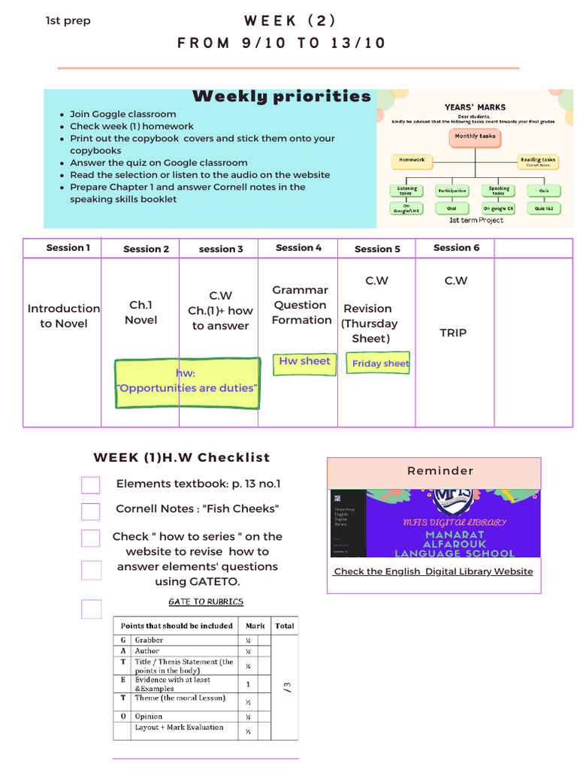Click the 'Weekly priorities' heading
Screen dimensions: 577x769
282,96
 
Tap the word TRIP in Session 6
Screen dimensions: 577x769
453,333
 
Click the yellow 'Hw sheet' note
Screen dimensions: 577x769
304,362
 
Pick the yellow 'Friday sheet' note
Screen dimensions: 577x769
380,363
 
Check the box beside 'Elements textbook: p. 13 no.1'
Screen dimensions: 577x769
91,485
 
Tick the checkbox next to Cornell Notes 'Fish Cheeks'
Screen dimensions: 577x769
91,511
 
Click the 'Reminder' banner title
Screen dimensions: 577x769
440,471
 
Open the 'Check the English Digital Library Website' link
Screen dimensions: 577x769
434,571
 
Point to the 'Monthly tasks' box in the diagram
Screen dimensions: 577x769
475,137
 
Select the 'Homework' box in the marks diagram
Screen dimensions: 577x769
412,160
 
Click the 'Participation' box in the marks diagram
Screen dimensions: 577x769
452,191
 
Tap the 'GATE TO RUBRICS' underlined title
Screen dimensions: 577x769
206,602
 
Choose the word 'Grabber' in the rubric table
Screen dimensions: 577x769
150,640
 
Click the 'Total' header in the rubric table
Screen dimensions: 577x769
284,626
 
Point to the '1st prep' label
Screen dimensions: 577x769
68,21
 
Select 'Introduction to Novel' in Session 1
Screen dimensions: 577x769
64,316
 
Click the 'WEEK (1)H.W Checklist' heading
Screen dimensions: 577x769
181,457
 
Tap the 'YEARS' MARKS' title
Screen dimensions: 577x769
475,107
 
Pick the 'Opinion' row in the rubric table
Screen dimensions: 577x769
148,716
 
